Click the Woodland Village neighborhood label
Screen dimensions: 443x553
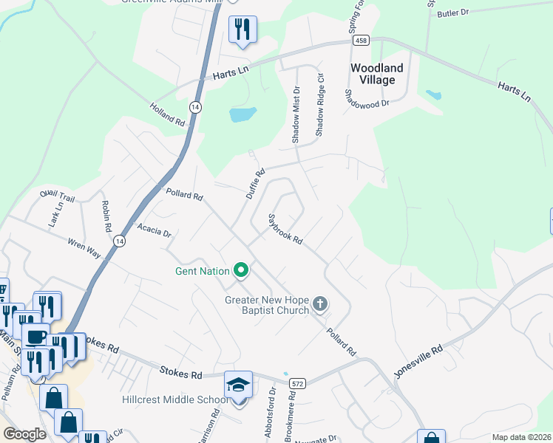[x=377, y=74]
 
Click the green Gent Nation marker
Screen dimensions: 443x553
[x=240, y=271]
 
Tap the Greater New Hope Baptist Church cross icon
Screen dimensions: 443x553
[x=320, y=303]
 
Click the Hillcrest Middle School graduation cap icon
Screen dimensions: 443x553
[x=239, y=385]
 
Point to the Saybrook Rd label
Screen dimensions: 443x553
[x=285, y=229]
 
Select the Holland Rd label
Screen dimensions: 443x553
[x=166, y=114]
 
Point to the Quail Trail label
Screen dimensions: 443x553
[x=58, y=197]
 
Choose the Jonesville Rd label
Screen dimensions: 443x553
[x=418, y=361]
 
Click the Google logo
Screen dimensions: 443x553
[x=24, y=434]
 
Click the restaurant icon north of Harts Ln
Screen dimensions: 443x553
[x=242, y=30]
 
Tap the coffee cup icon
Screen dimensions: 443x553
[x=36, y=337]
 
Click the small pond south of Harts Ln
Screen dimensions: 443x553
[x=242, y=114]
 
